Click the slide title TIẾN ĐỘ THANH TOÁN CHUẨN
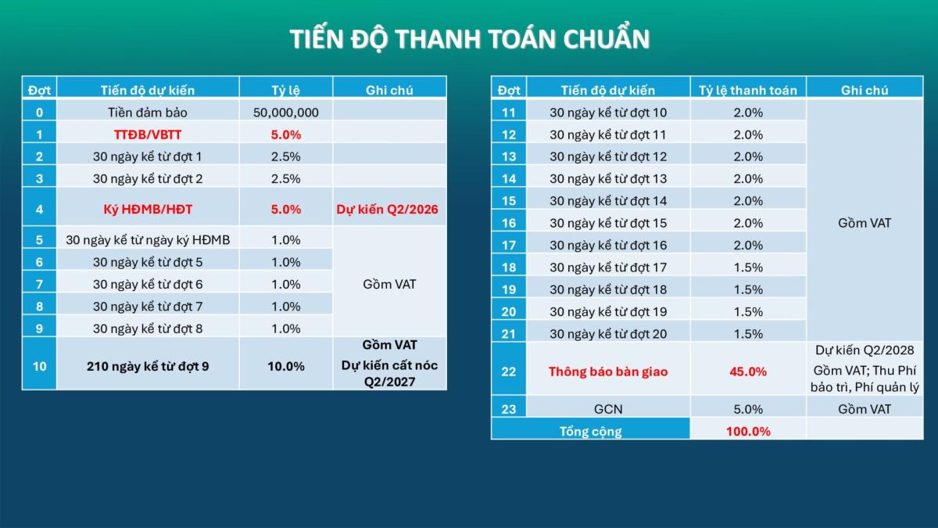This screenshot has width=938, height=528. [x=469, y=39]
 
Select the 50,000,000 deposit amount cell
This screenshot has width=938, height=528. [x=286, y=113]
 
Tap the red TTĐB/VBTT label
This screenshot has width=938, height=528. [x=148, y=135]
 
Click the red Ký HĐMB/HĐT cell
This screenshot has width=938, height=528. [x=148, y=210]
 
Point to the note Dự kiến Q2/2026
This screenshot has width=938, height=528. [x=388, y=210]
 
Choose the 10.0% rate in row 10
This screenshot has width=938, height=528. [x=286, y=366]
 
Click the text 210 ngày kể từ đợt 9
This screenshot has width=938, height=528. [x=148, y=366]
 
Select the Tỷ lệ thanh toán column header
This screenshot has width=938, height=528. [x=748, y=90]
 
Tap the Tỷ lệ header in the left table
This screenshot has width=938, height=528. [x=286, y=90]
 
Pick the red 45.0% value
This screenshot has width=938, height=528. [x=748, y=372]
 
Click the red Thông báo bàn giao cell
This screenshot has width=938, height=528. [x=608, y=372]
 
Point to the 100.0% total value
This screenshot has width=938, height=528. [x=748, y=431]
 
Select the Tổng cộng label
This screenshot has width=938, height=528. [x=591, y=431]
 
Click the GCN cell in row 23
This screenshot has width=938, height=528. [x=608, y=409]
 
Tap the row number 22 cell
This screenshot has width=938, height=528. [x=509, y=372]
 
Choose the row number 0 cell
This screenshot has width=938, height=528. [x=39, y=113]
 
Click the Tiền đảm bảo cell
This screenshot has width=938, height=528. [x=148, y=113]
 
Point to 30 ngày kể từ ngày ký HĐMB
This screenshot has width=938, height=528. [x=148, y=239]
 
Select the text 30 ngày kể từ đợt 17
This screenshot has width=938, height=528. [x=608, y=268]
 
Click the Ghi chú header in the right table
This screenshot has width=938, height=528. [x=865, y=90]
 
